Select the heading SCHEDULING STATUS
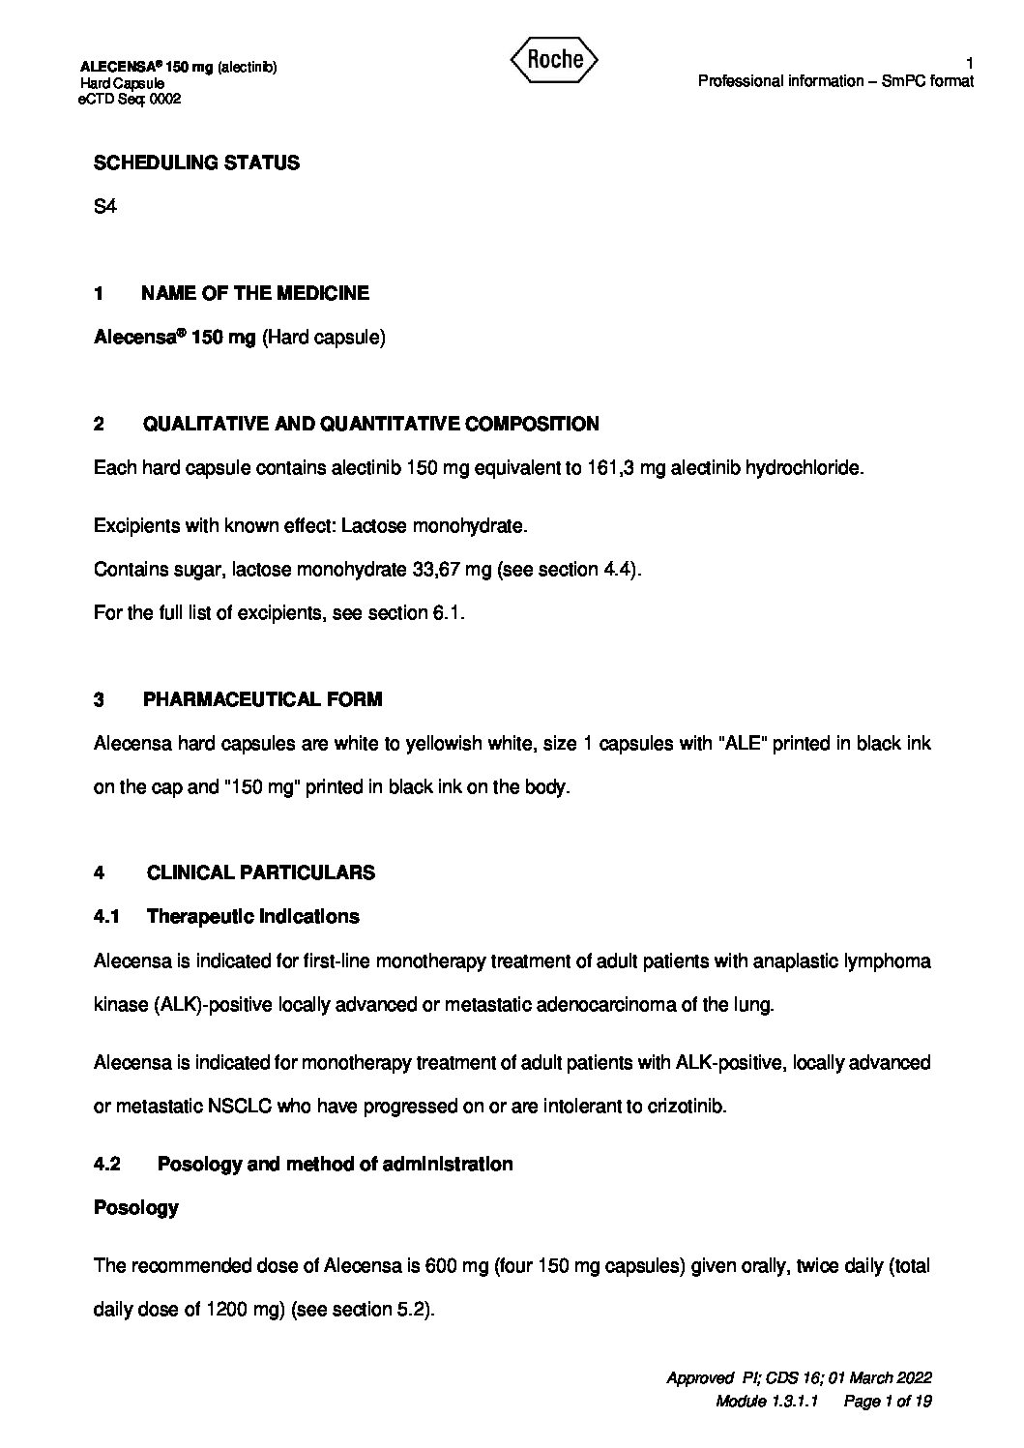[196, 163]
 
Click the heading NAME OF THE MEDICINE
[254, 293]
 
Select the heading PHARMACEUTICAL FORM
[262, 699]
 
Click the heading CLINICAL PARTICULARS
[260, 872]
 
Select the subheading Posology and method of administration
[335, 1164]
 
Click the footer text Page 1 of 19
[888, 1402]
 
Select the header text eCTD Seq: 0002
[131, 98]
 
